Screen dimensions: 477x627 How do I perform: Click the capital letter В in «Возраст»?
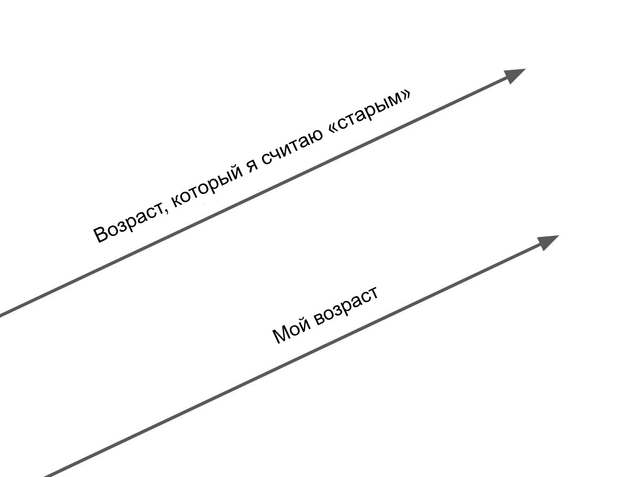click(x=101, y=234)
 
